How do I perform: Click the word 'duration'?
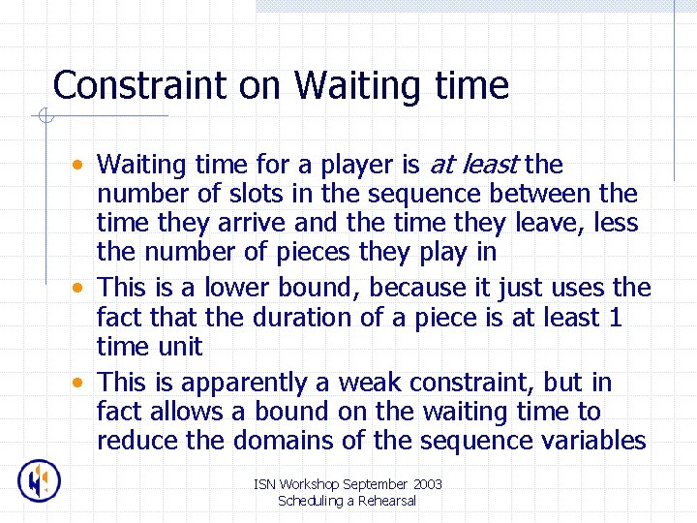click(x=303, y=317)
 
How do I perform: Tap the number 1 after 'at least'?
click(x=615, y=317)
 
